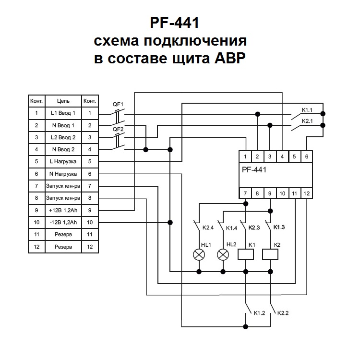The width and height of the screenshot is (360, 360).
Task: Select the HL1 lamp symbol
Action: click(198, 254)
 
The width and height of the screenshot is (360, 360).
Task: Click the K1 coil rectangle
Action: click(246, 254)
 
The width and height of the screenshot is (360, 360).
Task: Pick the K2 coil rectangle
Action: click(271, 254)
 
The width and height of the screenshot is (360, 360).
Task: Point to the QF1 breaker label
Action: click(118, 104)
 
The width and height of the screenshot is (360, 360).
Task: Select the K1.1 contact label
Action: click(307, 110)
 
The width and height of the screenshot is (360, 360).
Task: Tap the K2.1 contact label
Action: click(307, 122)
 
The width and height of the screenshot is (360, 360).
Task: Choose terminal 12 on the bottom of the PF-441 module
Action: click(307, 193)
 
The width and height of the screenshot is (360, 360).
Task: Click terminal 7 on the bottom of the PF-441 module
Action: click(246, 193)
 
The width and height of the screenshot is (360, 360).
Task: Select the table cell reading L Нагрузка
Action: click(63, 161)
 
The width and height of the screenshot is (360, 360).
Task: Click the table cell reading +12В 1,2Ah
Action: click(63, 210)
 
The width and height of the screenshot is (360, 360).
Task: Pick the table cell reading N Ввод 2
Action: click(63, 149)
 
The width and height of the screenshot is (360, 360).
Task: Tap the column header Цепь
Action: click(63, 101)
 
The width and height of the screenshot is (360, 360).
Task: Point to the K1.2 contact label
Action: click(259, 313)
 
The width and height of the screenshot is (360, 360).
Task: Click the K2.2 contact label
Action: click(283, 313)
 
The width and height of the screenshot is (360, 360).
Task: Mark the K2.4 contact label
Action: click(207, 227)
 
